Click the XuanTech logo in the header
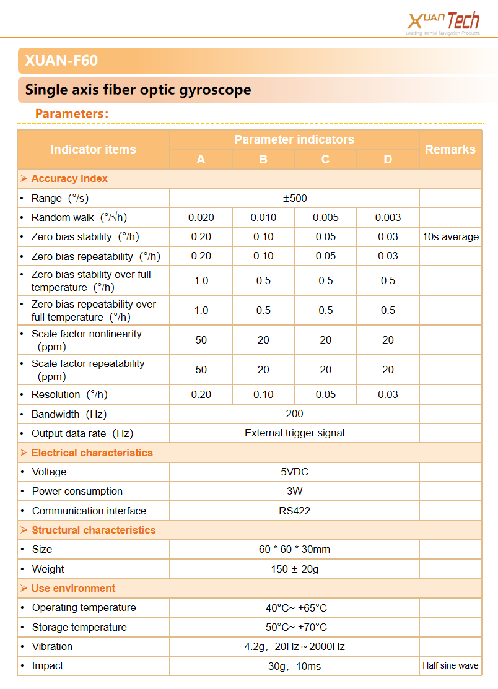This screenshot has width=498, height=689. pos(443,22)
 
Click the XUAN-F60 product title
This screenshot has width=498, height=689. pos(61,61)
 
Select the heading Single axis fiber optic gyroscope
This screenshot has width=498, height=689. pos(138,90)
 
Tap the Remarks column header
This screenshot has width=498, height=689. pos(450,149)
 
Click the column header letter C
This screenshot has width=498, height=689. pos(325,160)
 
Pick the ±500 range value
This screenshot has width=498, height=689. pos(294,198)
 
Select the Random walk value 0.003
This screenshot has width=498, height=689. pos(388,217)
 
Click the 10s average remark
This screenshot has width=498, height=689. pos(451,236)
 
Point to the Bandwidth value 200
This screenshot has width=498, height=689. pos(294,414)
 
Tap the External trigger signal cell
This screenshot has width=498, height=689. pos(294,433)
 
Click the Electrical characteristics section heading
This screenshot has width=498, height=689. pos(92,453)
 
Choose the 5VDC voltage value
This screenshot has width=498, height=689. pos(294,472)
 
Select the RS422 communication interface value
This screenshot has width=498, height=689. pos(294,511)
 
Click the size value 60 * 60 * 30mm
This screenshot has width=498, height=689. pos(294,549)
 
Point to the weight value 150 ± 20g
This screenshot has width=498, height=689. pos(294,569)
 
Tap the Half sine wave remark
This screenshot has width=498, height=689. pos(450,666)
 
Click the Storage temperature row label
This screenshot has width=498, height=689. pos(79,627)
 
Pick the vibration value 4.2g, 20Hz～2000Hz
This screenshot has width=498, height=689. pos(294,646)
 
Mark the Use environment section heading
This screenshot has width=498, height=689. pos(73,588)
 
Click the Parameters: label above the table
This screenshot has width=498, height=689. pos(72,113)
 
